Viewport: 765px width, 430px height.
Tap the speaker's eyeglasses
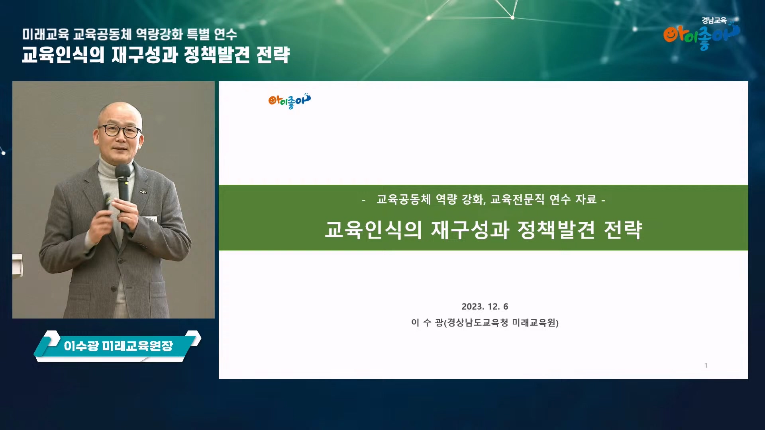pos(120,131)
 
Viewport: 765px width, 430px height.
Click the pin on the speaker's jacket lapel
pos(143,193)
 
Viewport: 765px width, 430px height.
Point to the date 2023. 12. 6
pos(485,307)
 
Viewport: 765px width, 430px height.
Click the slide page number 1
pos(706,365)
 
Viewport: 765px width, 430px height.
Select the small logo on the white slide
pos(290,101)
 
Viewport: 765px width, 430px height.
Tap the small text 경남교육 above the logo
pos(714,20)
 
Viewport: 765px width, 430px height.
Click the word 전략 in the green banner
pos(623,230)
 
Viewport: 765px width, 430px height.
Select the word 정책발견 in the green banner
pos(556,230)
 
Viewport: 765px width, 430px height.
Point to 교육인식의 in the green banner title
pos(373,230)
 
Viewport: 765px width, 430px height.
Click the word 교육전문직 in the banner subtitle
pos(517,199)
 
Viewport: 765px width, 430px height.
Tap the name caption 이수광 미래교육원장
pos(118,346)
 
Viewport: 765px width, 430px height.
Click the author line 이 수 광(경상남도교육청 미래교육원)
pos(485,322)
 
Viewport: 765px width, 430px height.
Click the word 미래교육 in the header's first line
pos(45,34)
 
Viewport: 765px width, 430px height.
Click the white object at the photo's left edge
pos(18,265)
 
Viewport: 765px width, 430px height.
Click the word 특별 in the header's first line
pos(198,34)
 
